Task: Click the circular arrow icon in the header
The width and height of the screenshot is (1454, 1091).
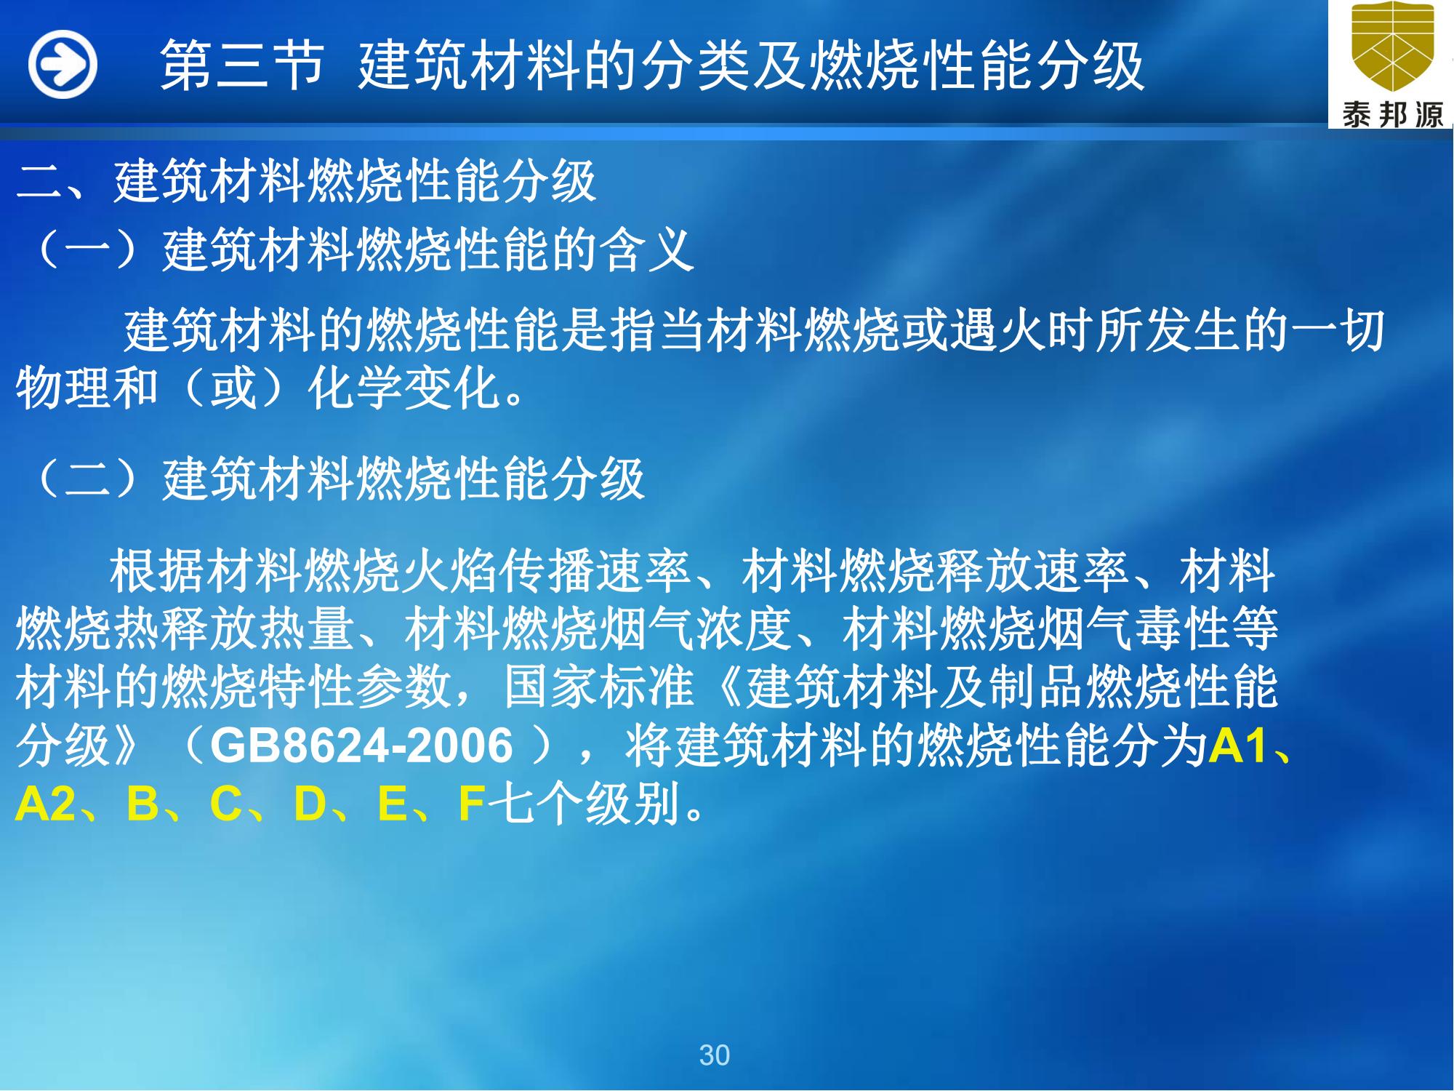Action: pyautogui.click(x=63, y=65)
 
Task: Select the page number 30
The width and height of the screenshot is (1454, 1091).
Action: pyautogui.click(x=714, y=1055)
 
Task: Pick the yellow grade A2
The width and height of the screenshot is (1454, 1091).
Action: pyautogui.click(x=45, y=804)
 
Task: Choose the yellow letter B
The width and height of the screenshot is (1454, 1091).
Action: pyautogui.click(x=142, y=804)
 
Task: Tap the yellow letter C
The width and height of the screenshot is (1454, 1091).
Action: pyautogui.click(x=226, y=804)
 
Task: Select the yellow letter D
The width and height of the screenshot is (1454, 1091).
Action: pyautogui.click(x=310, y=804)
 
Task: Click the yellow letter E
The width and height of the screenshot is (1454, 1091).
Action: pyautogui.click(x=393, y=804)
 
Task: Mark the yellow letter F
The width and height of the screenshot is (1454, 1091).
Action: pyautogui.click(x=473, y=804)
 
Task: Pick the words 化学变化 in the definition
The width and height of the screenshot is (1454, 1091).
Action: pyautogui.click(x=403, y=387)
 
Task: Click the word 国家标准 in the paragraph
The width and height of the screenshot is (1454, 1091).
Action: pyautogui.click(x=598, y=687)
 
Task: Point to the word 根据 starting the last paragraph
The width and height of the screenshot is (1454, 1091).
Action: pyautogui.click(x=157, y=572)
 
